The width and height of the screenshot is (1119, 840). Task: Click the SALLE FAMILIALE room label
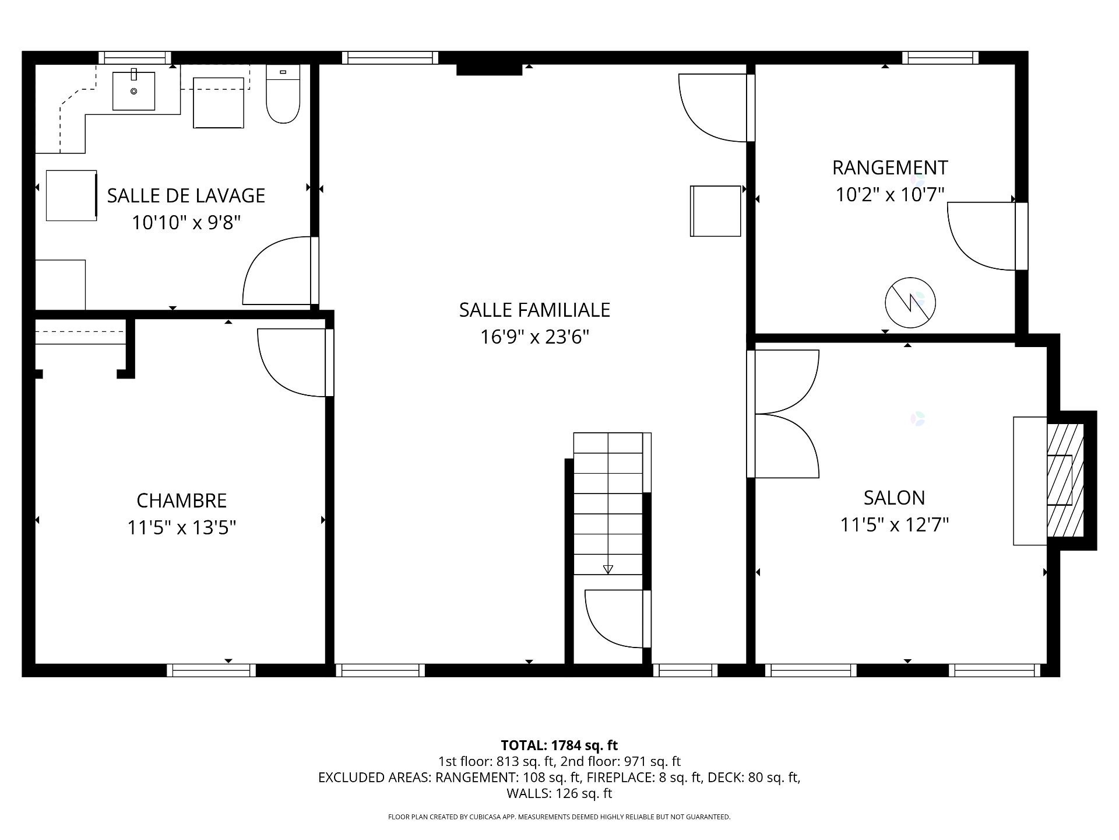pos(534,310)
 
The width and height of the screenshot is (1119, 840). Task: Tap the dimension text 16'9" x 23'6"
pos(534,337)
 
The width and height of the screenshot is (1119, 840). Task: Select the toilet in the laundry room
pos(283,95)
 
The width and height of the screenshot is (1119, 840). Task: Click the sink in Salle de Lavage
pos(133,91)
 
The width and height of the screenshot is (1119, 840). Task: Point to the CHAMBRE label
pos(181,501)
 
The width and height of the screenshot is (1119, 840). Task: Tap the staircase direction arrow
pos(608,568)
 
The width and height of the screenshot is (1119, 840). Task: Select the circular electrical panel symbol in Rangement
pos(910,303)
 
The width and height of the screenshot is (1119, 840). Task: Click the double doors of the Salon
pos(784,414)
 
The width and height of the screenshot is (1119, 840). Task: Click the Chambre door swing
pos(291,362)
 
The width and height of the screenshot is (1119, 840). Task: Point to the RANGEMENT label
pos(889,168)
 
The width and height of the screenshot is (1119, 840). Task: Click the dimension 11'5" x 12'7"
pos(894,525)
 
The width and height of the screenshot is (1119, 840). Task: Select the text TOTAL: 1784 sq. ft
pos(559,745)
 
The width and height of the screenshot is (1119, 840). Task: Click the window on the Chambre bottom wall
pos(211,670)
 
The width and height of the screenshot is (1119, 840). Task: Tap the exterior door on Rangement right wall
pos(1021,236)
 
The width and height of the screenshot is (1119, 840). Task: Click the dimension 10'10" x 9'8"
pos(186,222)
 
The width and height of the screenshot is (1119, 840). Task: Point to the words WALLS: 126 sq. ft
pos(559,793)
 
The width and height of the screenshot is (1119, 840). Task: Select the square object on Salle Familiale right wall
pos(715,211)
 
